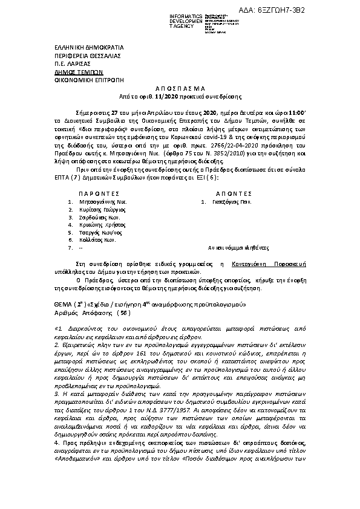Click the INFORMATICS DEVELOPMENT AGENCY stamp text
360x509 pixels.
click(x=171, y=19)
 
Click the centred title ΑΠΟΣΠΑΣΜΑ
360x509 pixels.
click(x=180, y=88)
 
